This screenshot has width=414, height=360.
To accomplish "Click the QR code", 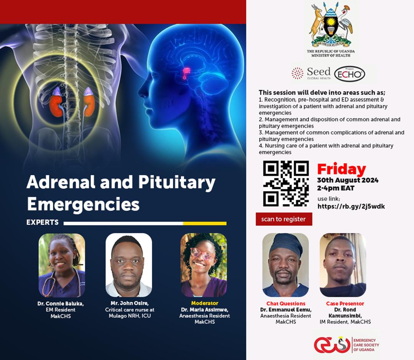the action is point(286,183).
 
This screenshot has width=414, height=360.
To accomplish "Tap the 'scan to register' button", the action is point(284,219).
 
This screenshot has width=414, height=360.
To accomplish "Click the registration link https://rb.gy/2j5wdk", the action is point(351,206).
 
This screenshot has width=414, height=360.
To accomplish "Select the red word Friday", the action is point(342,169).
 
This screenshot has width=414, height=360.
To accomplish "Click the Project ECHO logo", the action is point(350,74).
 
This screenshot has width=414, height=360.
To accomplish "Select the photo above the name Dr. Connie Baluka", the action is point(62,265).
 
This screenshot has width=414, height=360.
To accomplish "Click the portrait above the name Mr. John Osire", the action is point(128,265).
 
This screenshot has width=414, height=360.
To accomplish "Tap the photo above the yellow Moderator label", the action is point(204,265).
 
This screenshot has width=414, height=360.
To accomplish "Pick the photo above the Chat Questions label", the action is point(286,265).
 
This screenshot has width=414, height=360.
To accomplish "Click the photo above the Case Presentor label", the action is point(343,265).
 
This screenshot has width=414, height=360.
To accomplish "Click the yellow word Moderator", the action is point(205,303).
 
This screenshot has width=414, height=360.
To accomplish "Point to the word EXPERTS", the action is point(43,222).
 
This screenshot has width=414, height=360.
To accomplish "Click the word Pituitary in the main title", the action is point(177,183).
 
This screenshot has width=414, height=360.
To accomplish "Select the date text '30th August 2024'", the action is point(348,181).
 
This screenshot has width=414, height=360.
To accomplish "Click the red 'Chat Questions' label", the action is point(286,304).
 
